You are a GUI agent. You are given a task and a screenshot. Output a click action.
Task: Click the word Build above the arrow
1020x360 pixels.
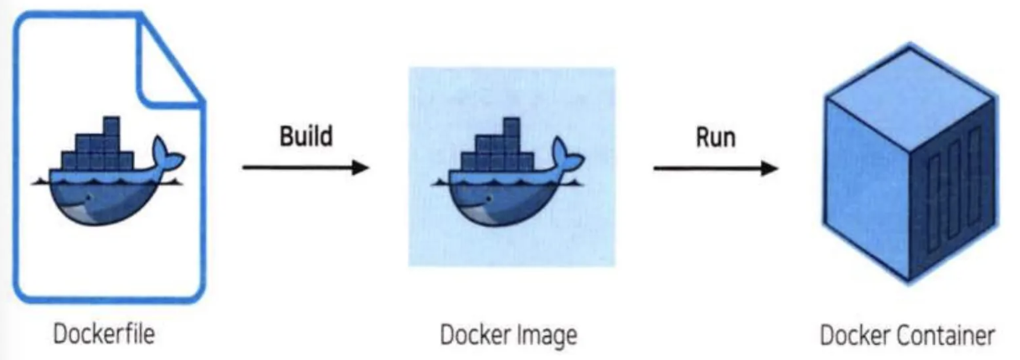coord(306,136)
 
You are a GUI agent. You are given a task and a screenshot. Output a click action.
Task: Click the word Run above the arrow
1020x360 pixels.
coord(716,137)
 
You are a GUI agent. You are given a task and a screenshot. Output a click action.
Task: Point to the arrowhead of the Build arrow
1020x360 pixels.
coord(361,167)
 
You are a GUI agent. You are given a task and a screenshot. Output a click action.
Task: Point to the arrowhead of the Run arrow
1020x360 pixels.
coord(770,168)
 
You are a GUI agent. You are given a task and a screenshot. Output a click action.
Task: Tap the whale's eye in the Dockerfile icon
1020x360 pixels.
coord(89,198)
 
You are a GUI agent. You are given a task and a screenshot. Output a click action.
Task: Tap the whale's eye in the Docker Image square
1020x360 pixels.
coord(489,198)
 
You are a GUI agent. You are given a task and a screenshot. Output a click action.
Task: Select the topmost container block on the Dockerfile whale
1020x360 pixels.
coord(111,125)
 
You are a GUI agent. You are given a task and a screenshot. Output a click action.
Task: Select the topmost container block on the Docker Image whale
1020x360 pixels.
coord(512,126)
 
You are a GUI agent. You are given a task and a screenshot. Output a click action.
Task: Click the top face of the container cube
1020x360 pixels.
coord(909,98)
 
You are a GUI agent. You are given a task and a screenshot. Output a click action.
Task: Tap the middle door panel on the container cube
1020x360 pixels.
coord(953,190)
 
